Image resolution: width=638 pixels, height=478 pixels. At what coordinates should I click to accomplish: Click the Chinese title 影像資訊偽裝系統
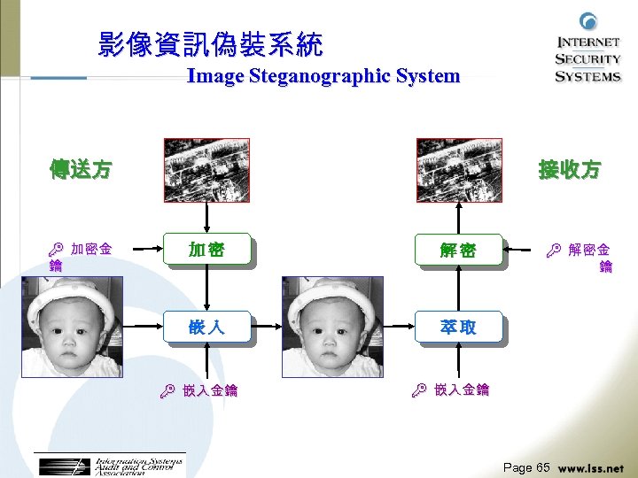pos(211,44)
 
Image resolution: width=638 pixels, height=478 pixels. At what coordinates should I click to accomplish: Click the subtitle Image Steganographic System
pos(323,76)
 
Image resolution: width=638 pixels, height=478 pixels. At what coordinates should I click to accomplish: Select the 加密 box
pos(206,251)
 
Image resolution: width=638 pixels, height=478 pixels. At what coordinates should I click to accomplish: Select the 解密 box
pos(458,251)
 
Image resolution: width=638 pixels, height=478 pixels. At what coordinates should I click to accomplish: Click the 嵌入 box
pos(206,327)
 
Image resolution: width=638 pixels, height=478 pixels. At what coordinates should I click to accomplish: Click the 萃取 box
pos(458,327)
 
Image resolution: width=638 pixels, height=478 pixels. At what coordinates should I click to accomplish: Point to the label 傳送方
pos(81,169)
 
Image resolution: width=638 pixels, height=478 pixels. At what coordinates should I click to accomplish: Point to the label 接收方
pos(570,169)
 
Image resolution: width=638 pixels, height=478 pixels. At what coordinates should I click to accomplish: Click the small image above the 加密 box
pos(206,171)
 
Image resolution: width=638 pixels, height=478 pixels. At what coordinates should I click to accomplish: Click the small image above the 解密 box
pos(459,171)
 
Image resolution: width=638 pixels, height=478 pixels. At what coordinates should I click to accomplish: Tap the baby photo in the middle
pos(332,327)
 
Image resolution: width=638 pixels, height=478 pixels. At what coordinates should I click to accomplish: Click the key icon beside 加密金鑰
pos(57,251)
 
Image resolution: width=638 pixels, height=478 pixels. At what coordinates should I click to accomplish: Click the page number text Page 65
pos(526,466)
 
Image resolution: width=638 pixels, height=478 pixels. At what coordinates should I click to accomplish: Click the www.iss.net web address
pos(591,467)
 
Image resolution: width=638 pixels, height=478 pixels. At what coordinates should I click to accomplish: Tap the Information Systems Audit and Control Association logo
pos(112,466)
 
